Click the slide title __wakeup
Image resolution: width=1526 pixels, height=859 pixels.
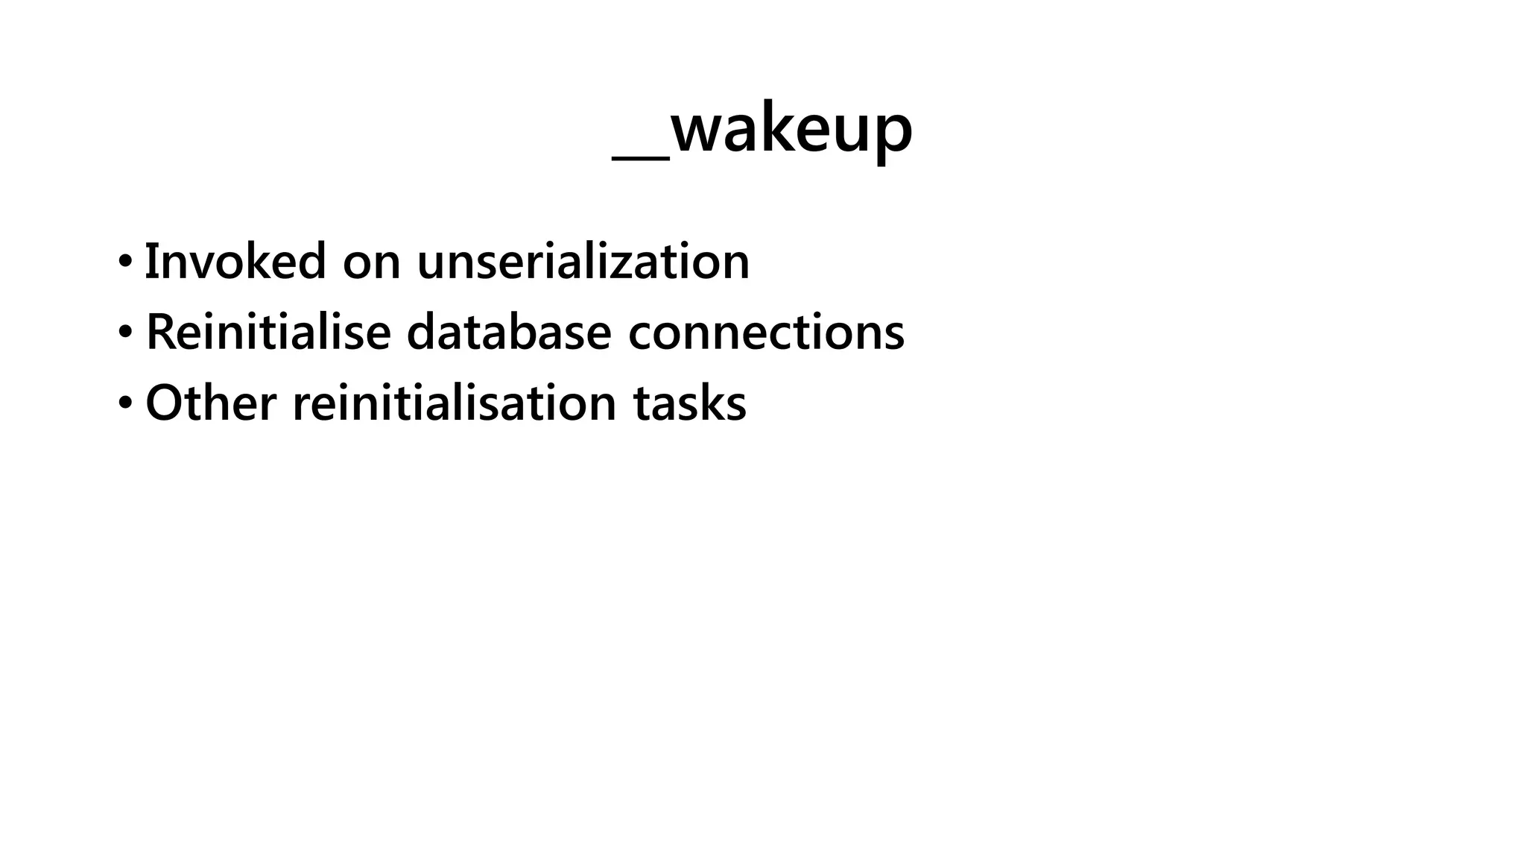(x=762, y=130)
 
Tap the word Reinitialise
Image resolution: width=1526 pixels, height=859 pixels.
(x=267, y=332)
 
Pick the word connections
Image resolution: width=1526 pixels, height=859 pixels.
(x=766, y=332)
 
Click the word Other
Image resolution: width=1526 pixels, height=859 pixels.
(x=210, y=403)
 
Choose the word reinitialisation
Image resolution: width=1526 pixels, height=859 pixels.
(x=454, y=403)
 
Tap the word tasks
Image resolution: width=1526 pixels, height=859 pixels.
(x=689, y=403)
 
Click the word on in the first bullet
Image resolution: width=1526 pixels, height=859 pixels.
(x=371, y=262)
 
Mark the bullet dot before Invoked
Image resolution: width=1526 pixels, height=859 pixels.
(x=125, y=262)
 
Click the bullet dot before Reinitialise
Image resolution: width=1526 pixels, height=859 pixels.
(x=125, y=333)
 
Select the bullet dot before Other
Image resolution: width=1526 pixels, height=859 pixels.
(x=125, y=403)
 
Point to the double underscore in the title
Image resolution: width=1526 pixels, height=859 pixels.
(x=641, y=156)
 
